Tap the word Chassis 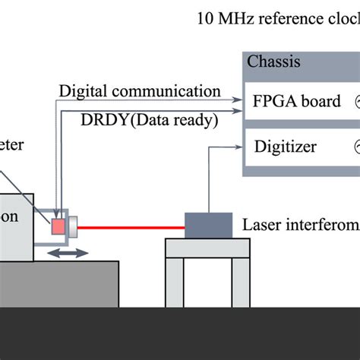[x=273, y=62]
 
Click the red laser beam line [x=133, y=226]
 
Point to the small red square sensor [x=58, y=226]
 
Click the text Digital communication [x=140, y=92]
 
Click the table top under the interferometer [x=207, y=248]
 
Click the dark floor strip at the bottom [x=180, y=334]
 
